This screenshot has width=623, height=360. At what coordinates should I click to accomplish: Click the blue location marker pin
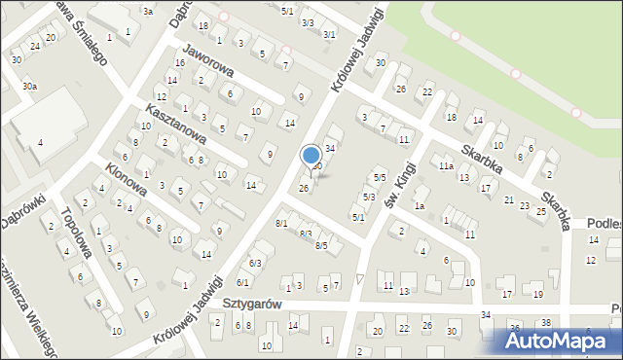(x=311, y=156)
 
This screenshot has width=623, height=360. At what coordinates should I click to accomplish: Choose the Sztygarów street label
(x=250, y=304)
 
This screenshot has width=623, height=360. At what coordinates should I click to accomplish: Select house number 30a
(x=30, y=87)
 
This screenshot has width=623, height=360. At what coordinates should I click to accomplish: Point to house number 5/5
(x=380, y=177)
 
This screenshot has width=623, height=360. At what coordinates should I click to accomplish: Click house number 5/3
(x=369, y=197)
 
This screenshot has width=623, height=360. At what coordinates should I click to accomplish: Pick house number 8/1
(x=281, y=224)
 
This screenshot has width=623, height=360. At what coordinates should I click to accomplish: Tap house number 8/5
(x=321, y=245)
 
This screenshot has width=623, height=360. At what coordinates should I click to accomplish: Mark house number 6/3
(x=255, y=263)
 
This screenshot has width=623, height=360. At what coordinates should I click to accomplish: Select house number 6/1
(x=242, y=282)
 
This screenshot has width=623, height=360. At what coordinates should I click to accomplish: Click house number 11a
(x=445, y=166)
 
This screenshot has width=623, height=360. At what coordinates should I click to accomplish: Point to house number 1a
(x=420, y=205)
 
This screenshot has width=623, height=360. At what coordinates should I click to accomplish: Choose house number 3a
(x=148, y=12)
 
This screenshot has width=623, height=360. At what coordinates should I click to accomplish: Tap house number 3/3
(x=308, y=21)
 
